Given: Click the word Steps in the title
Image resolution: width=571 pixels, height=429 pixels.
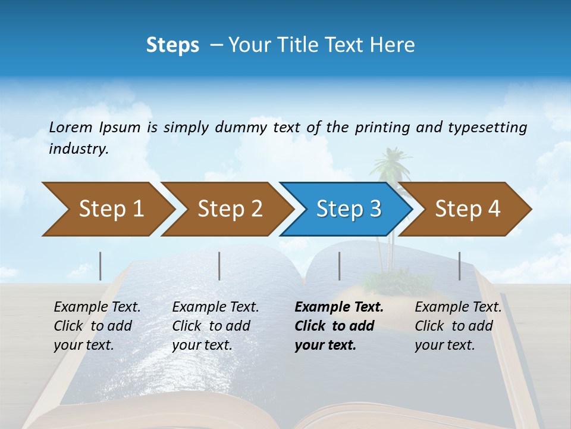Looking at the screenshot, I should click(x=172, y=45).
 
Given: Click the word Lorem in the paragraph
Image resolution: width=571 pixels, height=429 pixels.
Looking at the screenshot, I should click(x=71, y=127).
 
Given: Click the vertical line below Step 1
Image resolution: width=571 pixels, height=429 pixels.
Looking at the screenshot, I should click(x=101, y=266).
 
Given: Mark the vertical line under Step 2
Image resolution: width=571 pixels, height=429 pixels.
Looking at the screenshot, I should click(x=219, y=266).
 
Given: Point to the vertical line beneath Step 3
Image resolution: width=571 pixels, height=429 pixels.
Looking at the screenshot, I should click(x=339, y=266).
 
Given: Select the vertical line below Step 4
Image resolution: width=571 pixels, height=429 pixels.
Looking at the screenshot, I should click(x=459, y=266).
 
